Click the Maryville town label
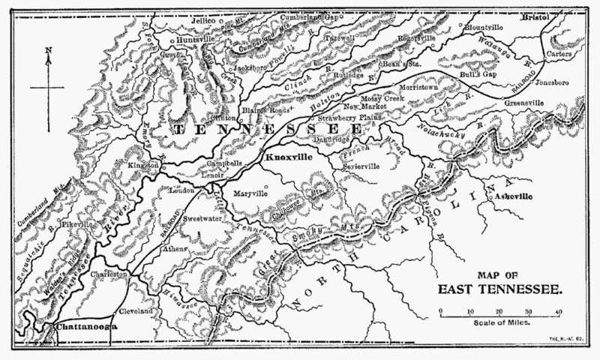pos(250,193)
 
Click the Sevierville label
pos(361,166)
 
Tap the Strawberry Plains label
pos(349,118)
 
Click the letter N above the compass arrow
pos(47,51)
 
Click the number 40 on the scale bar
pos(557,310)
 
